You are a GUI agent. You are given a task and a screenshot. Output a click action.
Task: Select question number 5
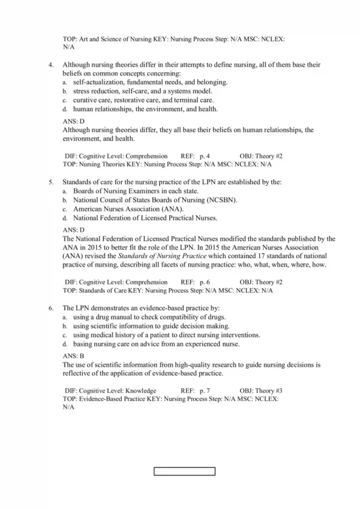coord(50,181)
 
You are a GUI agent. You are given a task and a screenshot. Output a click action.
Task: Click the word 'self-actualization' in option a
coord(98,82)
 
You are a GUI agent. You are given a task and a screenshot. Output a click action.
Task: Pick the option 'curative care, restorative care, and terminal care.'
coord(143,100)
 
